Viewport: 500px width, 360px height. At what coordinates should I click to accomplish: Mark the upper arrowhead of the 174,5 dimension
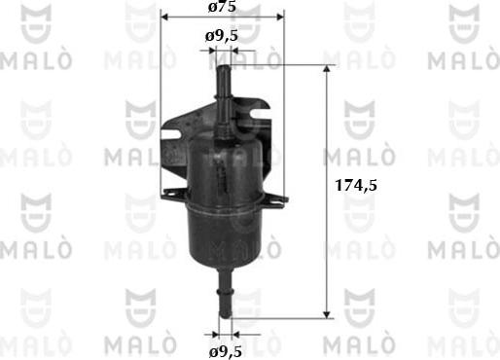tap(329, 73)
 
